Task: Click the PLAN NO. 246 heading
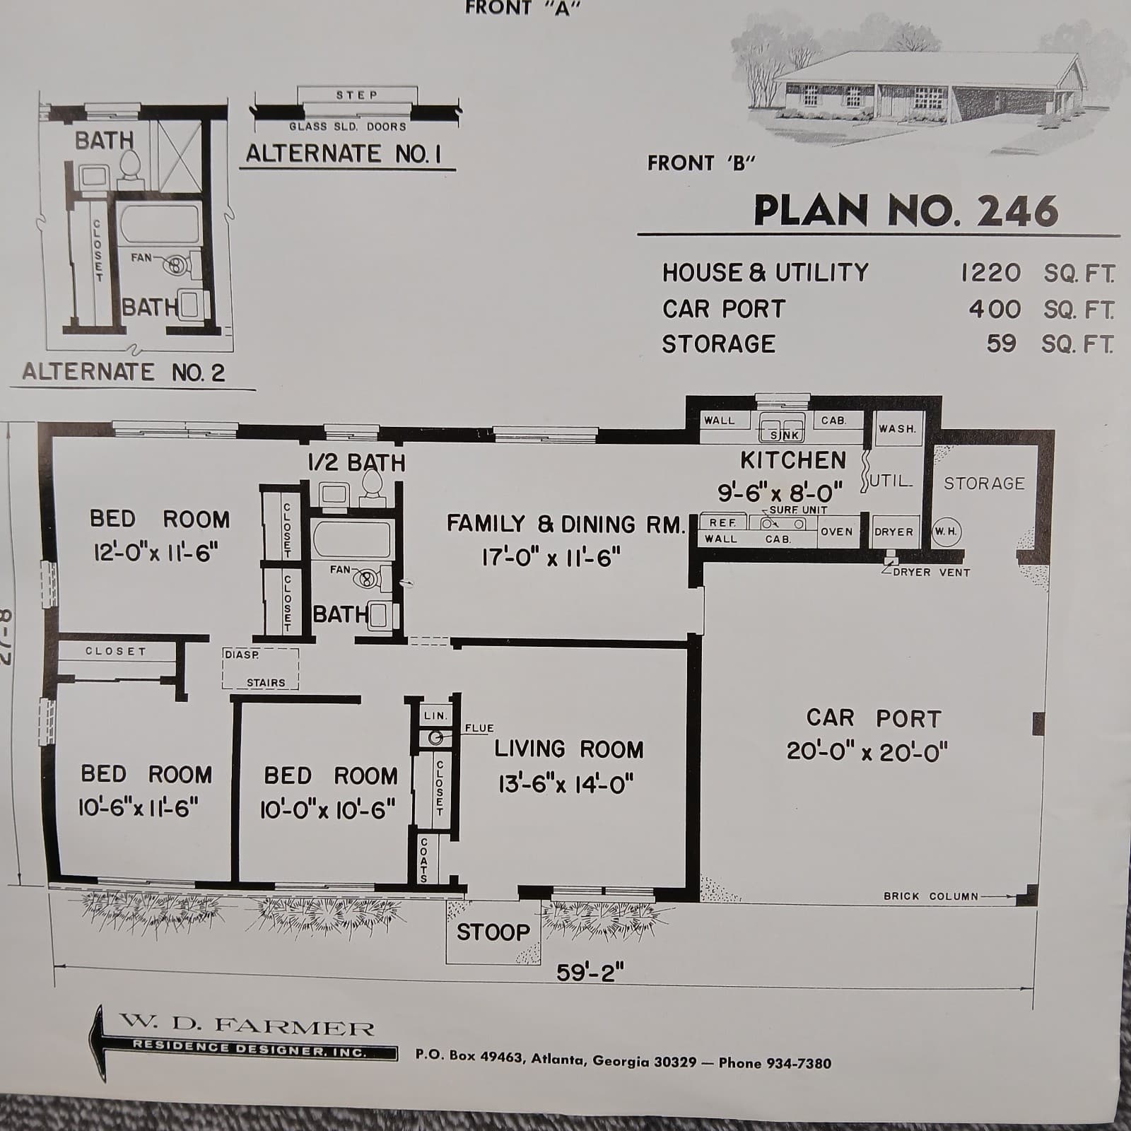coord(906,211)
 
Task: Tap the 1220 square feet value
coord(990,273)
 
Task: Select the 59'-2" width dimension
coord(590,973)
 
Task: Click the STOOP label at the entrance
coord(493,932)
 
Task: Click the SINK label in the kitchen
coord(784,435)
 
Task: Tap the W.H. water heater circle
coord(946,532)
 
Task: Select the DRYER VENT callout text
coord(931,573)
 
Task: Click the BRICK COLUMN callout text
coord(931,896)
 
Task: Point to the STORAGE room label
coord(984,484)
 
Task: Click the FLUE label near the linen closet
coord(479,728)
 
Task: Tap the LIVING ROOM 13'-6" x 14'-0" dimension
coord(565,784)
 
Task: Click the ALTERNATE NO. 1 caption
coord(344,154)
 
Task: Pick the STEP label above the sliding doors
coord(357,95)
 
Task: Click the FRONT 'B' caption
coord(701,163)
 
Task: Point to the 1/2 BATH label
coord(357,463)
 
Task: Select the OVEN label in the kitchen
coord(836,532)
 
